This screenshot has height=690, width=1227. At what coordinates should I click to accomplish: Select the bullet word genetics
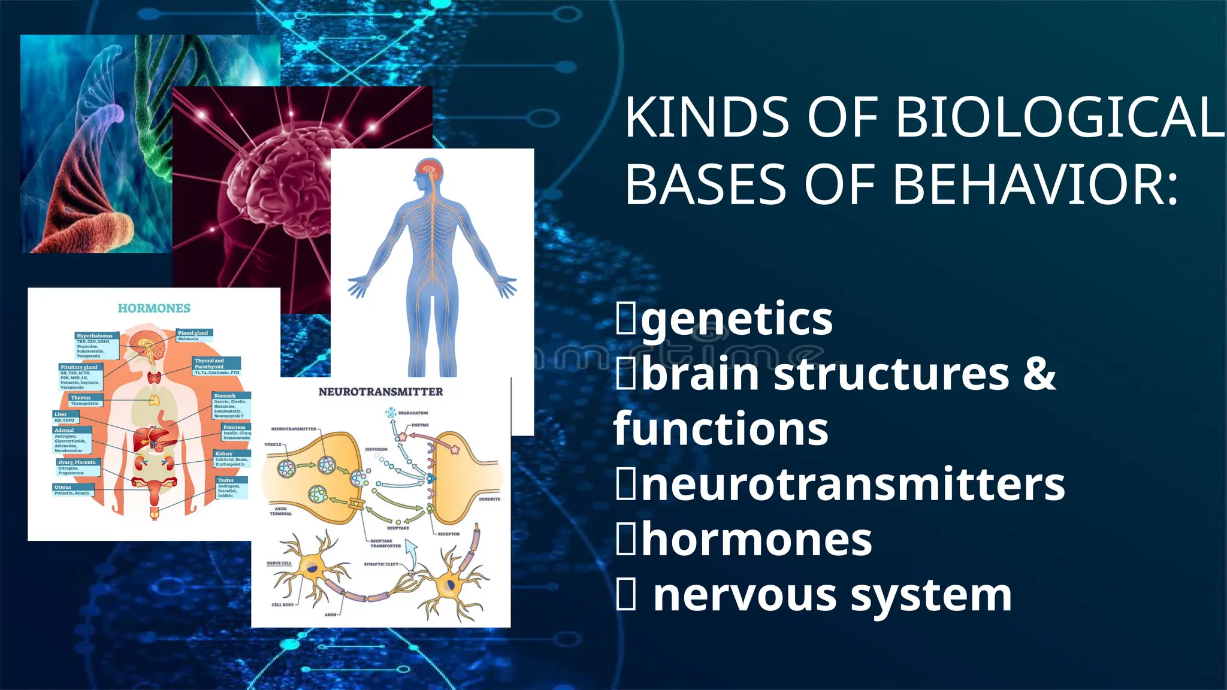(x=737, y=319)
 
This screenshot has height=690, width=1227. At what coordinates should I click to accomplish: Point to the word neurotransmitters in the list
(x=853, y=485)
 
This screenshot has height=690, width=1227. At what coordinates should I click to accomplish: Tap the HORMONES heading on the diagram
(x=154, y=308)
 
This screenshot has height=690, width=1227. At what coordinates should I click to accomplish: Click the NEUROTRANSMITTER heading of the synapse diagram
(x=380, y=392)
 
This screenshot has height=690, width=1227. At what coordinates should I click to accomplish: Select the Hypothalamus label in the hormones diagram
(x=95, y=336)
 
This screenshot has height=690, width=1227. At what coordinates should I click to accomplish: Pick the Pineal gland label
(x=193, y=333)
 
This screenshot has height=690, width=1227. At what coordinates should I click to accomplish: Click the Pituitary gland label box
(x=78, y=367)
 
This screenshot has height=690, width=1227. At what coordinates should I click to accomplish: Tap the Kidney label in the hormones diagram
(x=224, y=454)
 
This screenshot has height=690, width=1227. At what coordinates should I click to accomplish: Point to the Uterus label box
(x=64, y=488)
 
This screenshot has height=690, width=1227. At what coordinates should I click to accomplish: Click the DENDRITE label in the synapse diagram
(x=489, y=499)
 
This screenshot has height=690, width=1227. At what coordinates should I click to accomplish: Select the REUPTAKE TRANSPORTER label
(x=385, y=543)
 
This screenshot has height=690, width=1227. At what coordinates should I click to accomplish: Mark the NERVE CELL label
(x=279, y=564)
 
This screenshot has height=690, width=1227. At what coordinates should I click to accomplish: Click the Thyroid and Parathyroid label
(x=209, y=364)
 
